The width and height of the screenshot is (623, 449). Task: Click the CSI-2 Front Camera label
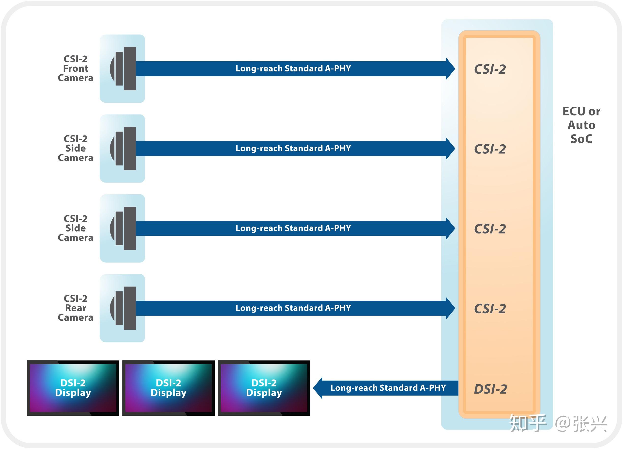(x=76, y=68)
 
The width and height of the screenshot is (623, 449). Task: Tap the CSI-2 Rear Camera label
(x=76, y=308)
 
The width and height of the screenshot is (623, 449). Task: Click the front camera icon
(x=122, y=68)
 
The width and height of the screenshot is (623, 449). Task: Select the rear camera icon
(x=122, y=308)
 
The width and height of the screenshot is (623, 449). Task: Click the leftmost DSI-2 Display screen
(x=73, y=388)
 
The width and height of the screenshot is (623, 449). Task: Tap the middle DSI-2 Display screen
(x=168, y=388)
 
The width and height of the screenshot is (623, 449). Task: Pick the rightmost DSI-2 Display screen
(x=264, y=388)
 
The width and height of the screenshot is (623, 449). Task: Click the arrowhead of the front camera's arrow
(x=450, y=68)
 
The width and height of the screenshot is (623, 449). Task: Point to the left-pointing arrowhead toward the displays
(x=318, y=388)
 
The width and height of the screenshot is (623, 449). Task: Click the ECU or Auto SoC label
(x=581, y=125)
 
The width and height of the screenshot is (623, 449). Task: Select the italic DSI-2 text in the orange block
(x=490, y=389)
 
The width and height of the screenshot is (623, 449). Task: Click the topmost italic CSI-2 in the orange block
(x=490, y=69)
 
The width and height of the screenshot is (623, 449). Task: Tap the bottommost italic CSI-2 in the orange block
(x=490, y=309)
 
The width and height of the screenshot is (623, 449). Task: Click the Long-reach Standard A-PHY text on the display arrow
(x=388, y=388)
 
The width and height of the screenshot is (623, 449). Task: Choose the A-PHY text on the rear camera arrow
(x=338, y=308)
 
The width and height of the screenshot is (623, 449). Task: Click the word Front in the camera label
(x=76, y=68)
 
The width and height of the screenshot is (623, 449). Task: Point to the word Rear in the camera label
(x=76, y=308)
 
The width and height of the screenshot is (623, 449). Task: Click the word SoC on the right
(x=581, y=139)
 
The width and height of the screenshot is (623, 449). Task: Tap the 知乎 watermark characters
(x=528, y=423)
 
